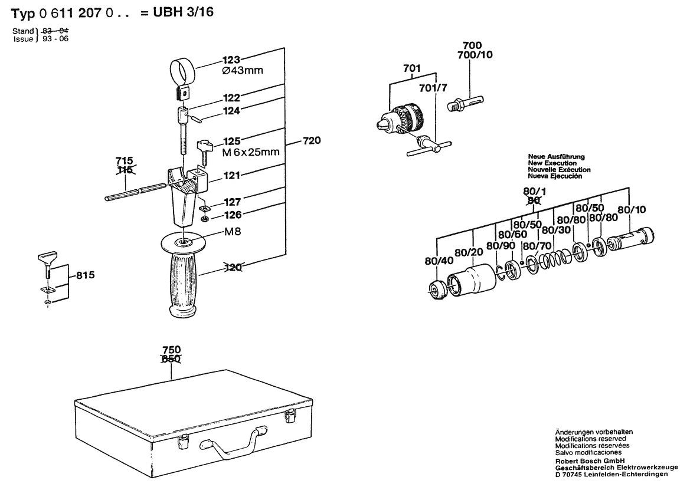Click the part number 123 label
tap(232, 60)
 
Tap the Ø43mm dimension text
tap(242, 71)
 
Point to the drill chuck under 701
tap(398, 119)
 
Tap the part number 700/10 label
tap(475, 55)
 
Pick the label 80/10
tap(632, 209)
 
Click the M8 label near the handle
tap(232, 231)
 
